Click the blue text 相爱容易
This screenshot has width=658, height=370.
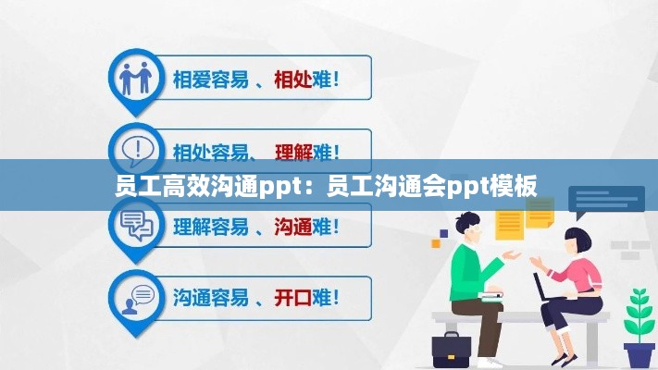[x=210, y=80]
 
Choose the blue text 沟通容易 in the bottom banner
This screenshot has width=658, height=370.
[x=210, y=297]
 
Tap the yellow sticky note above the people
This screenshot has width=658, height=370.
[x=510, y=222]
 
